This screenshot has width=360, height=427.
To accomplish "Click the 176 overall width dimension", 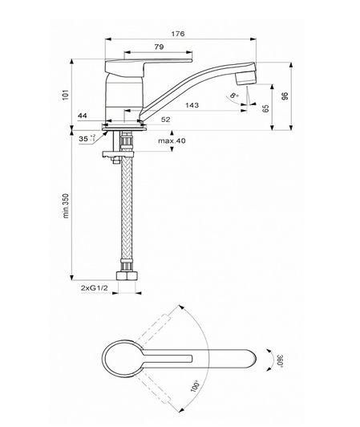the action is pos(178,34).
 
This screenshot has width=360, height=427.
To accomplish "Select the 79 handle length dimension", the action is pos(160,47).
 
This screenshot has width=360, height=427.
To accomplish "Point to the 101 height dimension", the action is pos(66,95).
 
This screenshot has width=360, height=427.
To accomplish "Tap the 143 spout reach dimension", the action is pos(192,105).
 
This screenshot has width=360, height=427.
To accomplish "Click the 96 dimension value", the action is pos(285,96).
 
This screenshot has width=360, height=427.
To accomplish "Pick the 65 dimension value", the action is pos(266,108).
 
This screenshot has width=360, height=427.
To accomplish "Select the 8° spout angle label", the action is pos(234,96).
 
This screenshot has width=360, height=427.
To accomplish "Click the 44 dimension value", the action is pos(83,116).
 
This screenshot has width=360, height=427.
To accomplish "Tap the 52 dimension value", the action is pos(166,120).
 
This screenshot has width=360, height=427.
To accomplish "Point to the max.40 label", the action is pos(172,140).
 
